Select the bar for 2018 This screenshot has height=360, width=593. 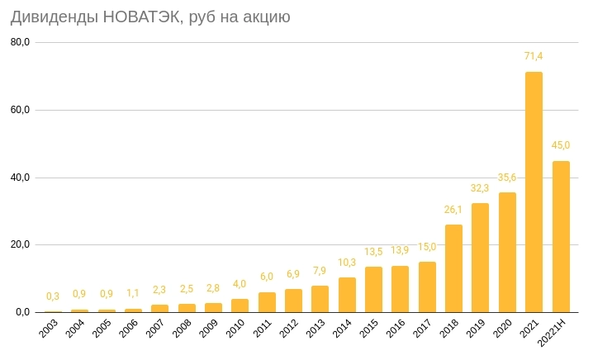click(x=453, y=268)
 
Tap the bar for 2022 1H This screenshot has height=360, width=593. click(x=561, y=236)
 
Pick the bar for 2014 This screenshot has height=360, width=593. click(x=347, y=295)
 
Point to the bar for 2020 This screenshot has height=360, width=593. click(x=507, y=252)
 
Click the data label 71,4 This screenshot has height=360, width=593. click(x=534, y=56)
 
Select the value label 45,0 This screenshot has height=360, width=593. click(x=561, y=145)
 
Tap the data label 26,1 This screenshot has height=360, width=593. click(x=453, y=209)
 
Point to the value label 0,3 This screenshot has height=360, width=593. click(x=53, y=296)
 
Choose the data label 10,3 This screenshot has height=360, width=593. click(x=347, y=262)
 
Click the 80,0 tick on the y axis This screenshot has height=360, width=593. click(x=20, y=42)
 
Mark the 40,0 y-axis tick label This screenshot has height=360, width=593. click(x=20, y=178)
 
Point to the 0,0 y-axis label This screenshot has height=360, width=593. click(x=22, y=312)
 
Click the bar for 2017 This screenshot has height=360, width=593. click(x=427, y=287)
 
